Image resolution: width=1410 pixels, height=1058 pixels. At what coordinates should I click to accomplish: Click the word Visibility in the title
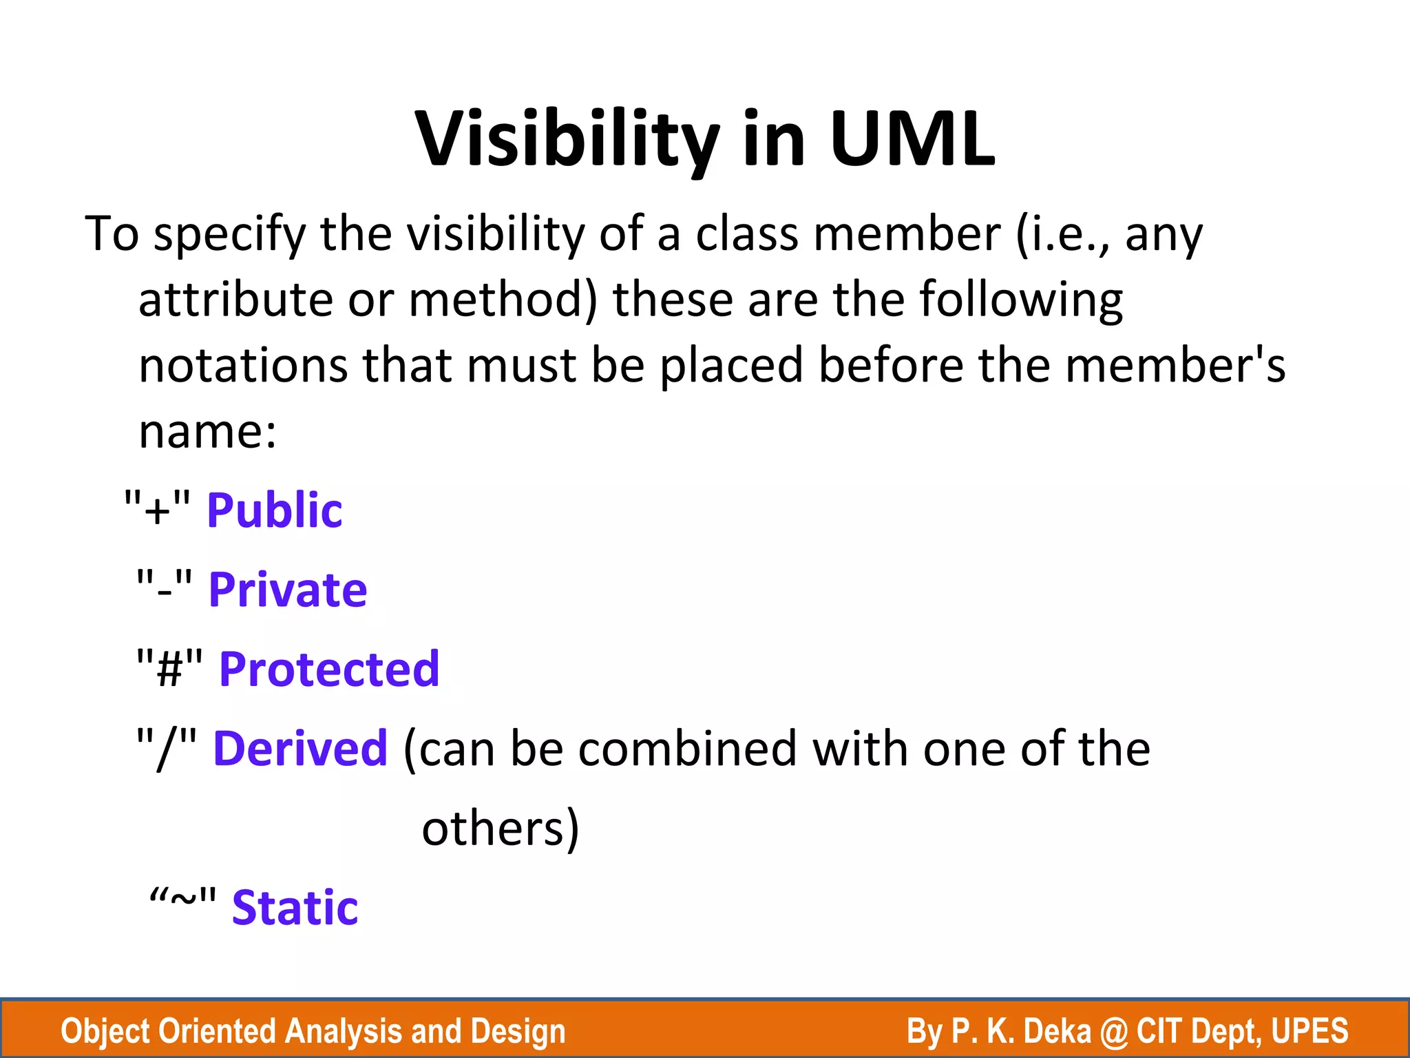coord(567,140)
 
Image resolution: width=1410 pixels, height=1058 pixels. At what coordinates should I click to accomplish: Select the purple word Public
coord(274,510)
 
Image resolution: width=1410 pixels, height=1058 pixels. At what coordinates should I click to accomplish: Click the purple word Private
coord(288,590)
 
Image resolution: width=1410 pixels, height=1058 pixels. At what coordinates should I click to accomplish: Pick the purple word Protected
coord(329,670)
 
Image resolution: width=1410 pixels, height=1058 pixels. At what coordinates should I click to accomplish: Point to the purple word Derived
coord(300,749)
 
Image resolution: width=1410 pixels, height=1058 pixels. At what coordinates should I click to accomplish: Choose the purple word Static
coord(295,908)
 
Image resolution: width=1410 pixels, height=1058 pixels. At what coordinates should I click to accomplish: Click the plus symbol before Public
coord(157,512)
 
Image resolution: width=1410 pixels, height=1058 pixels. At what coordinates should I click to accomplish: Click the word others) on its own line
coord(501,829)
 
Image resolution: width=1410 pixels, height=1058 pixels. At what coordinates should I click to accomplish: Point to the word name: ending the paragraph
coord(207,432)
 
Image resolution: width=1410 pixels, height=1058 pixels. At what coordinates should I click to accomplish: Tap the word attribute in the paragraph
coord(235,300)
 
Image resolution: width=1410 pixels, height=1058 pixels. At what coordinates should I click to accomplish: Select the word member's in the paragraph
coord(1175,366)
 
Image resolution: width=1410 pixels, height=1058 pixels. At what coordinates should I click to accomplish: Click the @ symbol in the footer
coord(1113,1031)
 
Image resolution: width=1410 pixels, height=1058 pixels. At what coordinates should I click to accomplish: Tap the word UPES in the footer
coord(1309,1031)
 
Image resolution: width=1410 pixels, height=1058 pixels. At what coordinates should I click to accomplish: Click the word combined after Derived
coord(687,749)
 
